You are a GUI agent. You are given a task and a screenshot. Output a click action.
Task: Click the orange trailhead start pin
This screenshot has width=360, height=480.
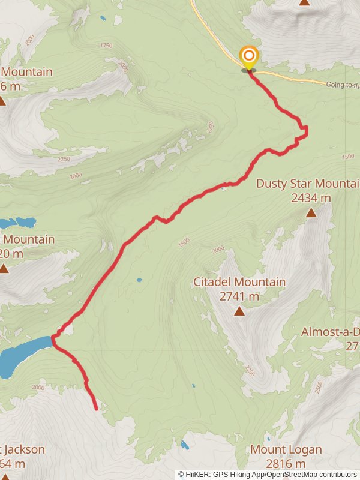(248, 58)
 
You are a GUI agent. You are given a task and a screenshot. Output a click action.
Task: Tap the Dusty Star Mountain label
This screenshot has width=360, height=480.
(307, 184)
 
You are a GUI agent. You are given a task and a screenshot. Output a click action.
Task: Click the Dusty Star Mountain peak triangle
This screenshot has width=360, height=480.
(311, 212)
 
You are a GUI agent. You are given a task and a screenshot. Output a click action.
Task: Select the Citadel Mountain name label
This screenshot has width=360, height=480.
(239, 282)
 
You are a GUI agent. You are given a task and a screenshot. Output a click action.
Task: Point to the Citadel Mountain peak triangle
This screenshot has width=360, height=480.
(239, 311)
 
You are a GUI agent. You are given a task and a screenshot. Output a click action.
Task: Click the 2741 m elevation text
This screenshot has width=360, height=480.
(239, 296)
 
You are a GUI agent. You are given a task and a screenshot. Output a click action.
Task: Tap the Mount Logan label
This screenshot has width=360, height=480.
(286, 449)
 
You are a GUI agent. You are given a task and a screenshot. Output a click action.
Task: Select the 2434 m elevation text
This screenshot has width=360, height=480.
(310, 197)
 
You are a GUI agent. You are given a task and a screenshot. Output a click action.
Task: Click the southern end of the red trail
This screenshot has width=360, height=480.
(97, 409)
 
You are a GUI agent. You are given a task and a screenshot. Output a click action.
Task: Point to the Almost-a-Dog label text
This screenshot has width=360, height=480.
(330, 332)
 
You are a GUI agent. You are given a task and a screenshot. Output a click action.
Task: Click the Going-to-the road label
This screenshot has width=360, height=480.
(343, 85)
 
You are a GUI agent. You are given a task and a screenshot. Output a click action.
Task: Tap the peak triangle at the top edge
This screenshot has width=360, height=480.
(304, 2)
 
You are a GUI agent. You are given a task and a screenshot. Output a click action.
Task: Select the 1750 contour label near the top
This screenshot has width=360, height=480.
(107, 46)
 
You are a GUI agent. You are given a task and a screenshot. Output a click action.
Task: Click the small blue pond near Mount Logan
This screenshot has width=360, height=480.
(185, 445)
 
